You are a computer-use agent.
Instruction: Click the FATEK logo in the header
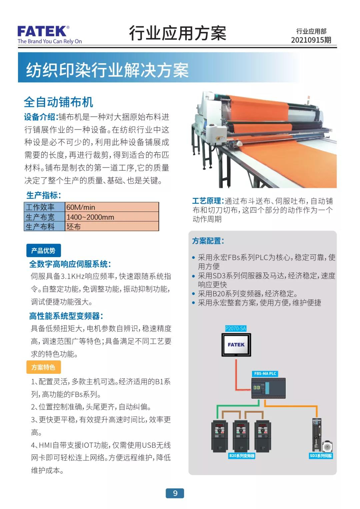click(50, 34)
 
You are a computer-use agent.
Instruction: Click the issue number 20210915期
click(311, 40)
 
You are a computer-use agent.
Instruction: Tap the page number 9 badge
click(175, 493)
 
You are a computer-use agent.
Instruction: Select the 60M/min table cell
click(112, 207)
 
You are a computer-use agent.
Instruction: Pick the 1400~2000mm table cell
click(112, 217)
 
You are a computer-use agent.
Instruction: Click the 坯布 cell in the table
click(112, 226)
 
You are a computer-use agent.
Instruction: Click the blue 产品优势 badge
click(43, 251)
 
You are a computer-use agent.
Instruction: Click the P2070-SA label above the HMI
click(236, 328)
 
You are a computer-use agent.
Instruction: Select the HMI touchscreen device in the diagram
click(236, 345)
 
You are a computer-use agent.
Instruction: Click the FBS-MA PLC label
click(265, 373)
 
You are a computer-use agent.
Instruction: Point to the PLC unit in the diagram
click(268, 388)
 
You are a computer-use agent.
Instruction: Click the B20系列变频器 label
click(242, 456)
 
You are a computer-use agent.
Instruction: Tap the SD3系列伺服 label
click(321, 456)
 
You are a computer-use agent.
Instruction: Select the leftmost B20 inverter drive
click(219, 436)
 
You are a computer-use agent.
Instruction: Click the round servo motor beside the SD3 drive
click(327, 446)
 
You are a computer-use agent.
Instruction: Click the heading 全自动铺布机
click(58, 102)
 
